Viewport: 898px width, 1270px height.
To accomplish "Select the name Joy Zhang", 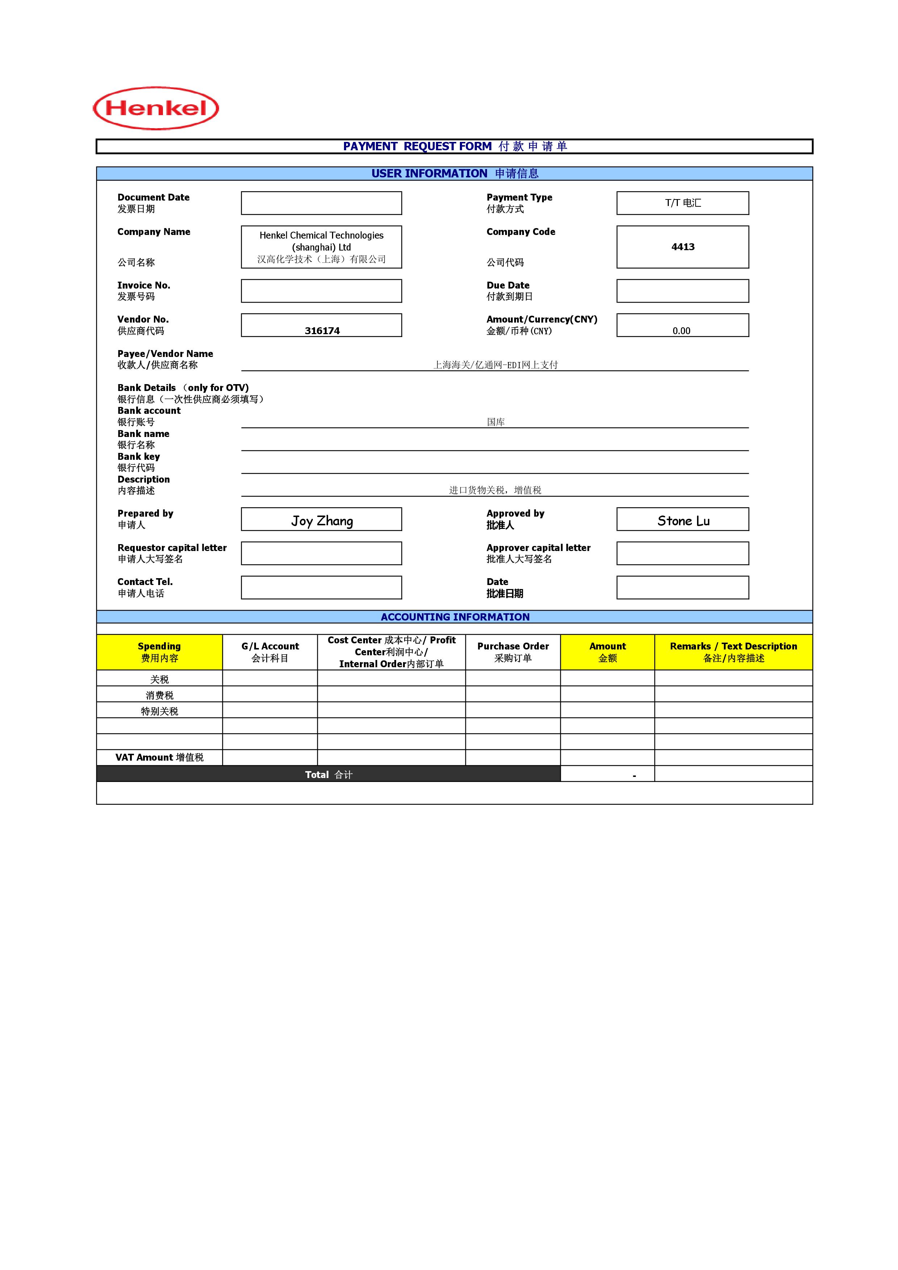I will pyautogui.click(x=322, y=521).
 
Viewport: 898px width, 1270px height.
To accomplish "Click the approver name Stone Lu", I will pyautogui.click(x=683, y=521).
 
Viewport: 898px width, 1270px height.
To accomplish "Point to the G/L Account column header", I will pyautogui.click(x=270, y=652).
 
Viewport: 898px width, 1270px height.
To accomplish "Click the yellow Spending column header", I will pyautogui.click(x=159, y=652).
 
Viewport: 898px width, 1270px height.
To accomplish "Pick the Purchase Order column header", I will pyautogui.click(x=513, y=652).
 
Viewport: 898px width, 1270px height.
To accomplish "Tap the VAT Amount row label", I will pyautogui.click(x=159, y=757).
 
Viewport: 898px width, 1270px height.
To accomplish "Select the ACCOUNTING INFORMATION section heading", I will pyautogui.click(x=455, y=617).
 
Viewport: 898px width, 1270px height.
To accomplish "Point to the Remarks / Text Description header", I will pyautogui.click(x=733, y=652).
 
